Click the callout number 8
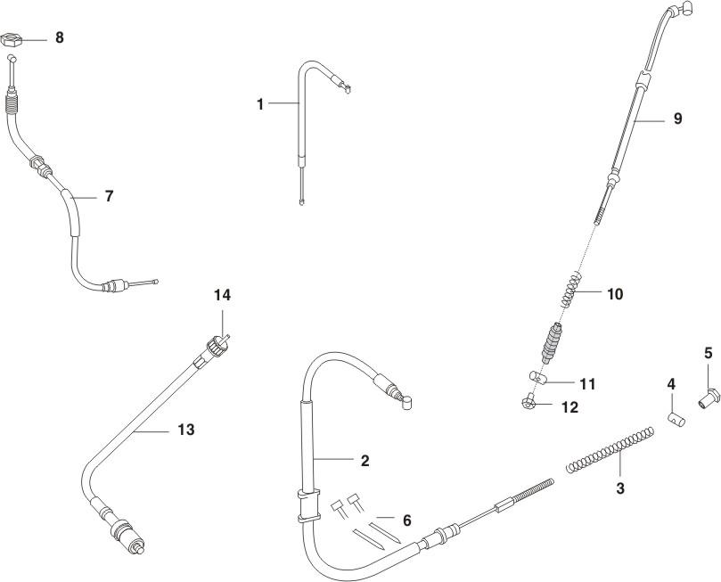59,38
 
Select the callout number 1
260,104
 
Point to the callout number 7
109,196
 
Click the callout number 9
677,119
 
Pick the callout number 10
615,293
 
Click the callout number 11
586,384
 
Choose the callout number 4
671,383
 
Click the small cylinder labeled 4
675,417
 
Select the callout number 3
620,488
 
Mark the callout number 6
406,520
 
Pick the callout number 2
364,461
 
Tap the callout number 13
185,430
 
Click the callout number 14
223,294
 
